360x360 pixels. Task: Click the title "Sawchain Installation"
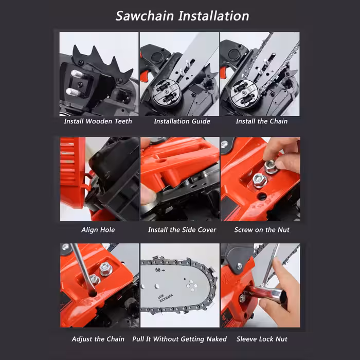(182, 16)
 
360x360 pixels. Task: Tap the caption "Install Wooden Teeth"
(98, 121)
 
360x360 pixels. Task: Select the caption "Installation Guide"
(182, 121)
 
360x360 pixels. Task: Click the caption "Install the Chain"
(262, 121)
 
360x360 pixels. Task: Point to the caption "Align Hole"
(98, 230)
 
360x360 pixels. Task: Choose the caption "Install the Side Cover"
(182, 230)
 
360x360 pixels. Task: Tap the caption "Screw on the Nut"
(262, 230)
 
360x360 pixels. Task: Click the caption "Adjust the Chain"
(98, 339)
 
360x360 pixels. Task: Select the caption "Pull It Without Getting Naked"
(179, 339)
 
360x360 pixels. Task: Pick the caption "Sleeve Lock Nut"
(262, 339)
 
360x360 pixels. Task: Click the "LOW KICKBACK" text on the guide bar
(165, 298)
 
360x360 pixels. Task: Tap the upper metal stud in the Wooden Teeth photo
(77, 74)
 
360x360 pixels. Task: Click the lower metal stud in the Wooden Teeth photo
(73, 92)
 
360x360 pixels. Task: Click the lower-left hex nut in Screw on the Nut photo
(259, 180)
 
